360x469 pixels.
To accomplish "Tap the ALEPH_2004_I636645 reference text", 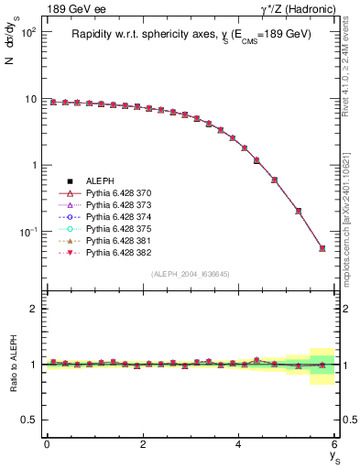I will point(190,274).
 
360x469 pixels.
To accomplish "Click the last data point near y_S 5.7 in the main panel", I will point(322,248).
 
